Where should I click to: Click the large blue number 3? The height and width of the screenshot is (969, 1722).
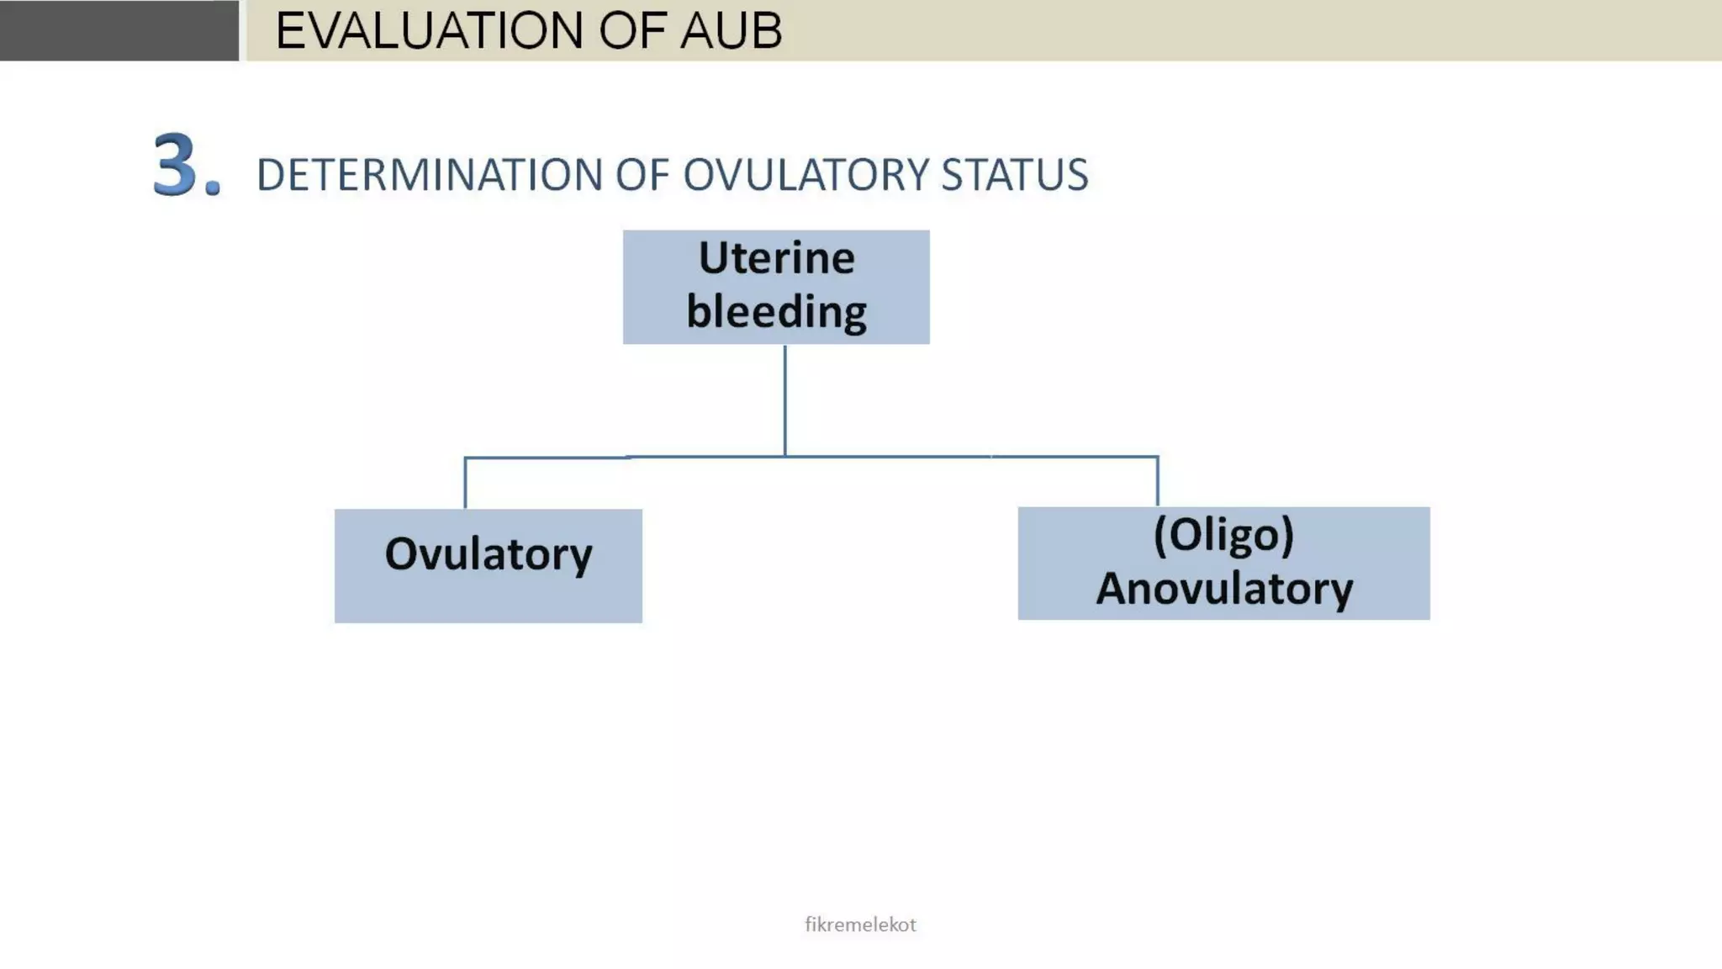coord(176,165)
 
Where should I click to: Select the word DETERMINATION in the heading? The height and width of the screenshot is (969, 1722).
coord(430,175)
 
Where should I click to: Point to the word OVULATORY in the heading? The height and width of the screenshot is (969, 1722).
coord(805,175)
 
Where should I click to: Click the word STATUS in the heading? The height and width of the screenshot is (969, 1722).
coord(1014,175)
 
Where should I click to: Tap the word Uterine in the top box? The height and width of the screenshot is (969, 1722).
coord(776,257)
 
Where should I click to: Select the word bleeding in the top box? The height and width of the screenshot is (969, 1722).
coord(776,311)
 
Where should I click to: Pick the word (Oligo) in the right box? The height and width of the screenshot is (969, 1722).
coord(1223,535)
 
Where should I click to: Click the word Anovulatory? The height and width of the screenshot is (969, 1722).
coord(1223,588)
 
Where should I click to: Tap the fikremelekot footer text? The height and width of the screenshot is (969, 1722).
coord(860,924)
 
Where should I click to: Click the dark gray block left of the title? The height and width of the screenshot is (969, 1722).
coord(119,30)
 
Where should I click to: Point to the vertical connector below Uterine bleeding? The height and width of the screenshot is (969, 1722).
coord(785,400)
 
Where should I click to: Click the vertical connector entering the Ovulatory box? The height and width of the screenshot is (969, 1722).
coord(465,484)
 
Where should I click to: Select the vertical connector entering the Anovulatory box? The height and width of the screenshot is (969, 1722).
coord(1158,482)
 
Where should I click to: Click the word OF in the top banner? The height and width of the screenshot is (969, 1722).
coord(626,31)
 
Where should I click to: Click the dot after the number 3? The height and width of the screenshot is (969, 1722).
coord(213,188)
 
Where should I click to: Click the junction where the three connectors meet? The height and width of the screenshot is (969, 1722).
coord(785,457)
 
